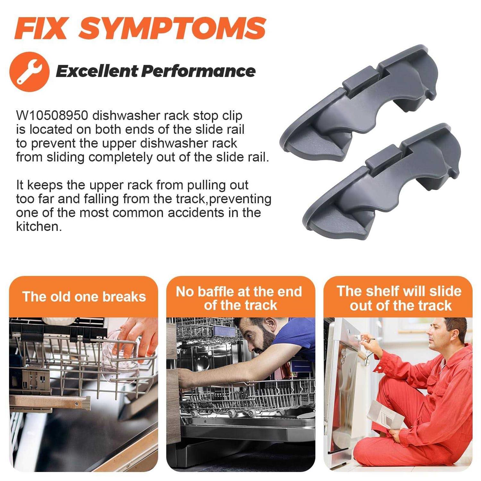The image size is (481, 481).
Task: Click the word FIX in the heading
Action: pyautogui.click(x=40, y=28)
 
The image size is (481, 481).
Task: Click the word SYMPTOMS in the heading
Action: pyautogui.click(x=173, y=28)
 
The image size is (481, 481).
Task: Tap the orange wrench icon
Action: pyautogui.click(x=29, y=72)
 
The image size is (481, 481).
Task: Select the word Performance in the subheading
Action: pyautogui.click(x=198, y=71)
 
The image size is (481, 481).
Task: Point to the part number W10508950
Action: pyautogui.click(x=52, y=115)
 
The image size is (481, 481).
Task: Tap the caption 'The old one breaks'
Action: pyautogui.click(x=84, y=297)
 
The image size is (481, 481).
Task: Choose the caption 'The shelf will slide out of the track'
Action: pyautogui.click(x=400, y=298)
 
